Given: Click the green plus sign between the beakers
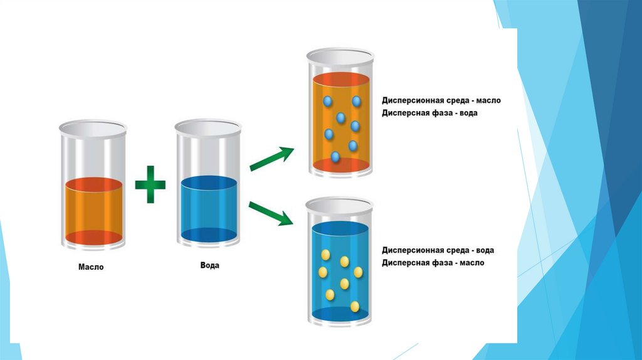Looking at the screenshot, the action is [x=150, y=184].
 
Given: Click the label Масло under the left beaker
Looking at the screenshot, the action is [x=91, y=267].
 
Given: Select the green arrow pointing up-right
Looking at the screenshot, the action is [x=271, y=159].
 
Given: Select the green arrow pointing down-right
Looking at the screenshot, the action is [x=271, y=213].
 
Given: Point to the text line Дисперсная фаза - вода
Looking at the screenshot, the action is [x=433, y=113].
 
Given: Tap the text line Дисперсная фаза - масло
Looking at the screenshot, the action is [x=433, y=263].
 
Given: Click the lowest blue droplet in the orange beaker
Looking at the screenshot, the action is [x=335, y=157].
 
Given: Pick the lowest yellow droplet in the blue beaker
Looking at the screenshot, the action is [x=355, y=307].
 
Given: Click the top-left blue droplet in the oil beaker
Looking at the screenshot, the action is [x=327, y=101].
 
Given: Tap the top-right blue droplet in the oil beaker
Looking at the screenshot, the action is [x=357, y=101].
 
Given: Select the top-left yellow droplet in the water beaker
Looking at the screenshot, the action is [x=326, y=254].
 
